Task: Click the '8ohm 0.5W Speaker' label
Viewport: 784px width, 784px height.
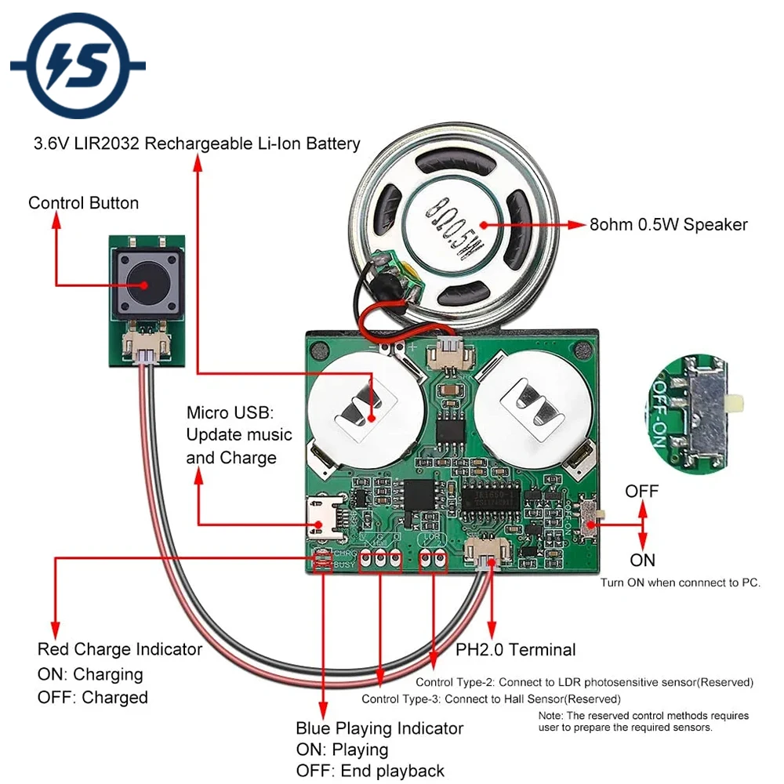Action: point(668,225)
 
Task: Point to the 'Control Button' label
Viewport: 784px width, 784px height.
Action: point(83,203)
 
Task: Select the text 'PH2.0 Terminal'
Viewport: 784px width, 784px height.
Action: point(516,650)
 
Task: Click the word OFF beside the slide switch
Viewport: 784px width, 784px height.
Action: point(642,492)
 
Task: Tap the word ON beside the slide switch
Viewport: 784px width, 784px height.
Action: point(642,561)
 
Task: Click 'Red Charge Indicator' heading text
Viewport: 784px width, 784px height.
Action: point(120,649)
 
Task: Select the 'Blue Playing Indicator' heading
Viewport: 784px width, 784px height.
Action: point(379,728)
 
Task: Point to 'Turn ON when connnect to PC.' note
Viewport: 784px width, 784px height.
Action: point(681,583)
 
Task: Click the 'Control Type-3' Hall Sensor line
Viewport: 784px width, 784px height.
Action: point(491,699)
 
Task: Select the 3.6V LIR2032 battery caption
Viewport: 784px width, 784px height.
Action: point(197,143)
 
